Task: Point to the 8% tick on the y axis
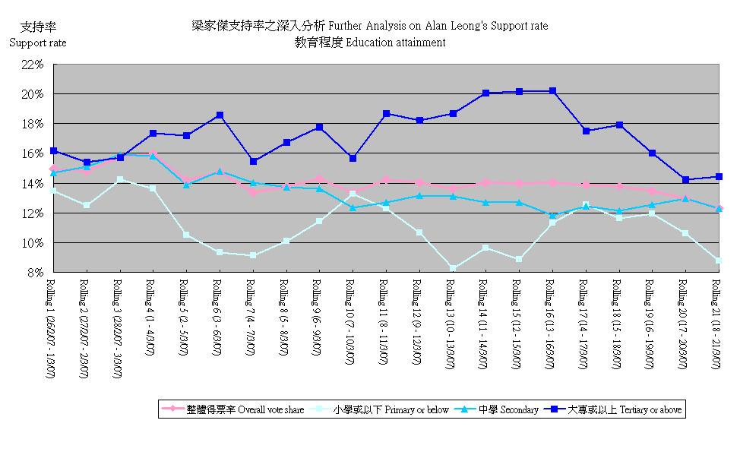point(35,273)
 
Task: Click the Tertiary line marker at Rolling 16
point(552,91)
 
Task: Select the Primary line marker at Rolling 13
point(453,268)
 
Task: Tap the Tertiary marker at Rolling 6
point(220,115)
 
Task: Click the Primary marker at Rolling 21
point(718,261)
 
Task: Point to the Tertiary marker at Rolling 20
point(685,180)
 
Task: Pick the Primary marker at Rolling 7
point(253,255)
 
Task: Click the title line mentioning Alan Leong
point(370,26)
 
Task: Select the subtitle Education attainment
point(370,43)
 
